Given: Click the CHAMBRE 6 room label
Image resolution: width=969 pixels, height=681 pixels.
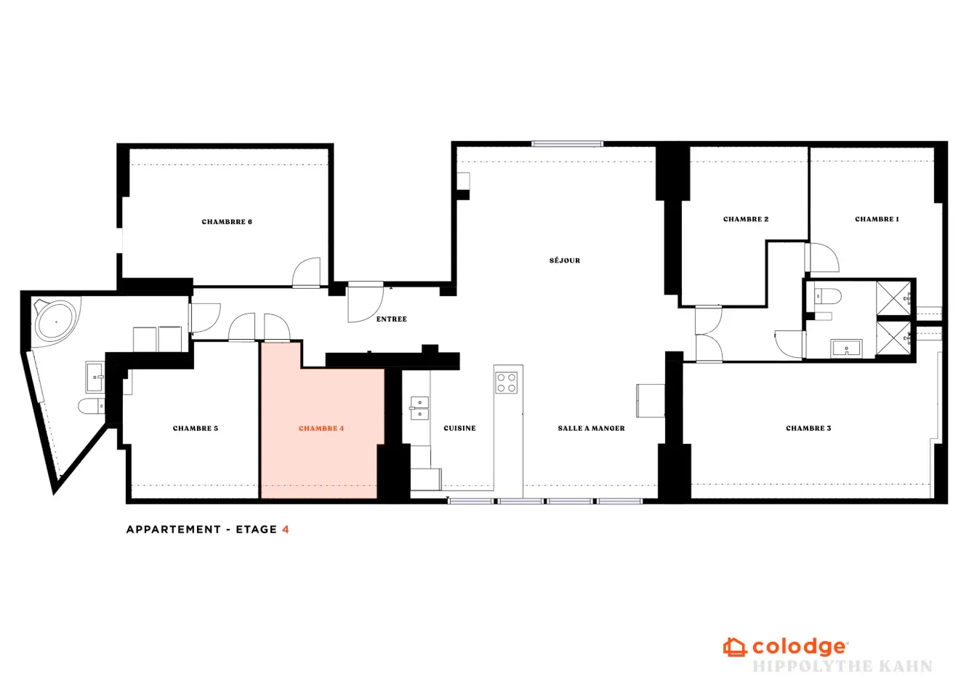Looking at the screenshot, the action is [227, 222].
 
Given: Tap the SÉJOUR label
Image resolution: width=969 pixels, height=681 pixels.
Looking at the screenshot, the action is [565, 260].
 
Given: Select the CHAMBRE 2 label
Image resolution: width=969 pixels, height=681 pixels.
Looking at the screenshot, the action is [746, 220].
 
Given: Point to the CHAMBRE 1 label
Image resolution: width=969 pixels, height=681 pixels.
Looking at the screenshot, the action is [877, 220].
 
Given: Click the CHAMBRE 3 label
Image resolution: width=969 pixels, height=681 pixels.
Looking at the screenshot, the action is [808, 429].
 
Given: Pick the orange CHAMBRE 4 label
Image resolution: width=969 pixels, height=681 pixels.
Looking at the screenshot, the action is [321, 429].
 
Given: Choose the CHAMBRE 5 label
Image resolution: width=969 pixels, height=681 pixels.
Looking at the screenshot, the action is [196, 429].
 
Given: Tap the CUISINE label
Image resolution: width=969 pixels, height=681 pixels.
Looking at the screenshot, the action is [459, 429].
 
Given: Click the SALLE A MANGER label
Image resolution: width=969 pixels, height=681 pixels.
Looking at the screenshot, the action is [591, 429].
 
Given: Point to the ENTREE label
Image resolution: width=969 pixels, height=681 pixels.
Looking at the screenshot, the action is [392, 319].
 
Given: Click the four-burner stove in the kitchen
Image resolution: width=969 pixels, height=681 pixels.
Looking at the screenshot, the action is [506, 383].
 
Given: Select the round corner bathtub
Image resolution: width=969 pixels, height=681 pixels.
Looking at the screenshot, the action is [55, 322].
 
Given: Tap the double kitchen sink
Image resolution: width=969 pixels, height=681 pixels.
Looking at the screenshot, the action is [419, 409].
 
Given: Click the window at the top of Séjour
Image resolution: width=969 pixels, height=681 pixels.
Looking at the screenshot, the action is [567, 144].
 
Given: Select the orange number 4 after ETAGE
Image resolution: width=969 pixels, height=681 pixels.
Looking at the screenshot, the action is [286, 530].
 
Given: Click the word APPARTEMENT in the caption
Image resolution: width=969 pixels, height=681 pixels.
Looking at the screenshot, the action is [174, 530].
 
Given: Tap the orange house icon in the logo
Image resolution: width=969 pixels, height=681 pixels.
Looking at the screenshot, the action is [734, 648].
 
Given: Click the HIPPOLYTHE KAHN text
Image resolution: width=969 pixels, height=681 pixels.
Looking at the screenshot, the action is [843, 666].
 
